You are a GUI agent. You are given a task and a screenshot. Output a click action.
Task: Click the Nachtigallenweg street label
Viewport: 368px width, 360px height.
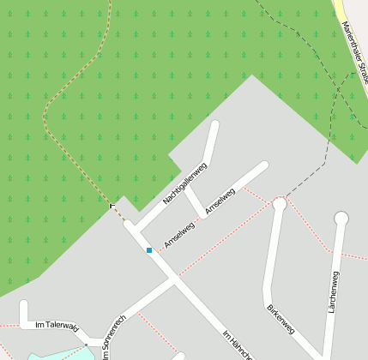pyautogui.click(x=185, y=183)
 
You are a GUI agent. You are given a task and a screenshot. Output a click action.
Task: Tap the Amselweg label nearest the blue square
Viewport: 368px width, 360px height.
pyautogui.click(x=179, y=234)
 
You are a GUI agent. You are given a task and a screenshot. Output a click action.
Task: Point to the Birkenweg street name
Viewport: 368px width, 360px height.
pyautogui.click(x=281, y=318)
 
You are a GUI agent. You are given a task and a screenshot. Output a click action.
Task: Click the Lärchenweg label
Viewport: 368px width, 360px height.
pyautogui.click(x=333, y=292)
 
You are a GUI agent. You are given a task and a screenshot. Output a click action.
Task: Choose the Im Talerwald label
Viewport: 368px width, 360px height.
pyautogui.click(x=57, y=326)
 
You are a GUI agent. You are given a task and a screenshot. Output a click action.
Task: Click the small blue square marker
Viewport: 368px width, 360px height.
pyautogui.click(x=149, y=250)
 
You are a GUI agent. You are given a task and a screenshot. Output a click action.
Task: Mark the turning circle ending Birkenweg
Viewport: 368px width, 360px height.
pyautogui.click(x=280, y=203)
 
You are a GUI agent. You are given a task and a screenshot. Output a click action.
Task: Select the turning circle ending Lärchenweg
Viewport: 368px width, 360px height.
pyautogui.click(x=341, y=218)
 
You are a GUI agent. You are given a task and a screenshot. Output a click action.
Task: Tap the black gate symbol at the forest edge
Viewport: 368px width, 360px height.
pyautogui.click(x=112, y=206)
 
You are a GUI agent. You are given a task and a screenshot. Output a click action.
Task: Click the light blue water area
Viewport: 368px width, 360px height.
pyautogui.click(x=51, y=356)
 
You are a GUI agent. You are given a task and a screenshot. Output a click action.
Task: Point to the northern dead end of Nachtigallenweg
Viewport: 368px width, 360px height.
pyautogui.click(x=214, y=125)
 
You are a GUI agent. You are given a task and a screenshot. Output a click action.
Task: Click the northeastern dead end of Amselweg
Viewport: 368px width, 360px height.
pyautogui.click(x=263, y=165)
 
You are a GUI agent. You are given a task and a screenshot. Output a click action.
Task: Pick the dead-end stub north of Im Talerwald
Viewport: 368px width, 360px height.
pyautogui.click(x=23, y=305)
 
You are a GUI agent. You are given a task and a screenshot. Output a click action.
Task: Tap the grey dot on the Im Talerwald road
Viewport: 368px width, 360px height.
pyautogui.click(x=85, y=345)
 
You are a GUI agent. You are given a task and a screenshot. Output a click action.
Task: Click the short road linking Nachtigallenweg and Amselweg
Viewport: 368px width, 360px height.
pyautogui.click(x=194, y=201)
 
